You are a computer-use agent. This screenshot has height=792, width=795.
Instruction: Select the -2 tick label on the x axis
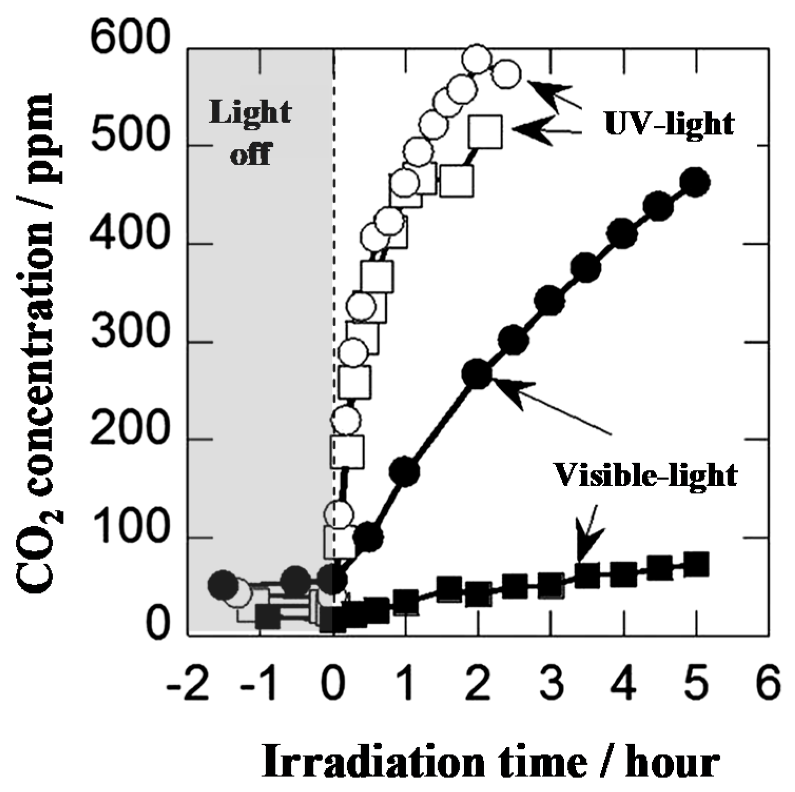188,684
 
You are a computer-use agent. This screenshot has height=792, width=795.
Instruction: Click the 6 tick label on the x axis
768,684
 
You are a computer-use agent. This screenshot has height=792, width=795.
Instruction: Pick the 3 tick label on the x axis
551,684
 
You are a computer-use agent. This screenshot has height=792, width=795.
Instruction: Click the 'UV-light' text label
669,124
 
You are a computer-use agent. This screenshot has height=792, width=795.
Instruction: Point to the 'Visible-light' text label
646,475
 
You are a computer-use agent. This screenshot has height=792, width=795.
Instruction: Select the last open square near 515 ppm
485,132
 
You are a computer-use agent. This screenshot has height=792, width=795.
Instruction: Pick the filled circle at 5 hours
695,182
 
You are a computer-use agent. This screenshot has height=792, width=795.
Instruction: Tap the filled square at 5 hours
695,565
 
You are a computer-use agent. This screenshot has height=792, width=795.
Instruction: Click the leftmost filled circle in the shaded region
223,584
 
